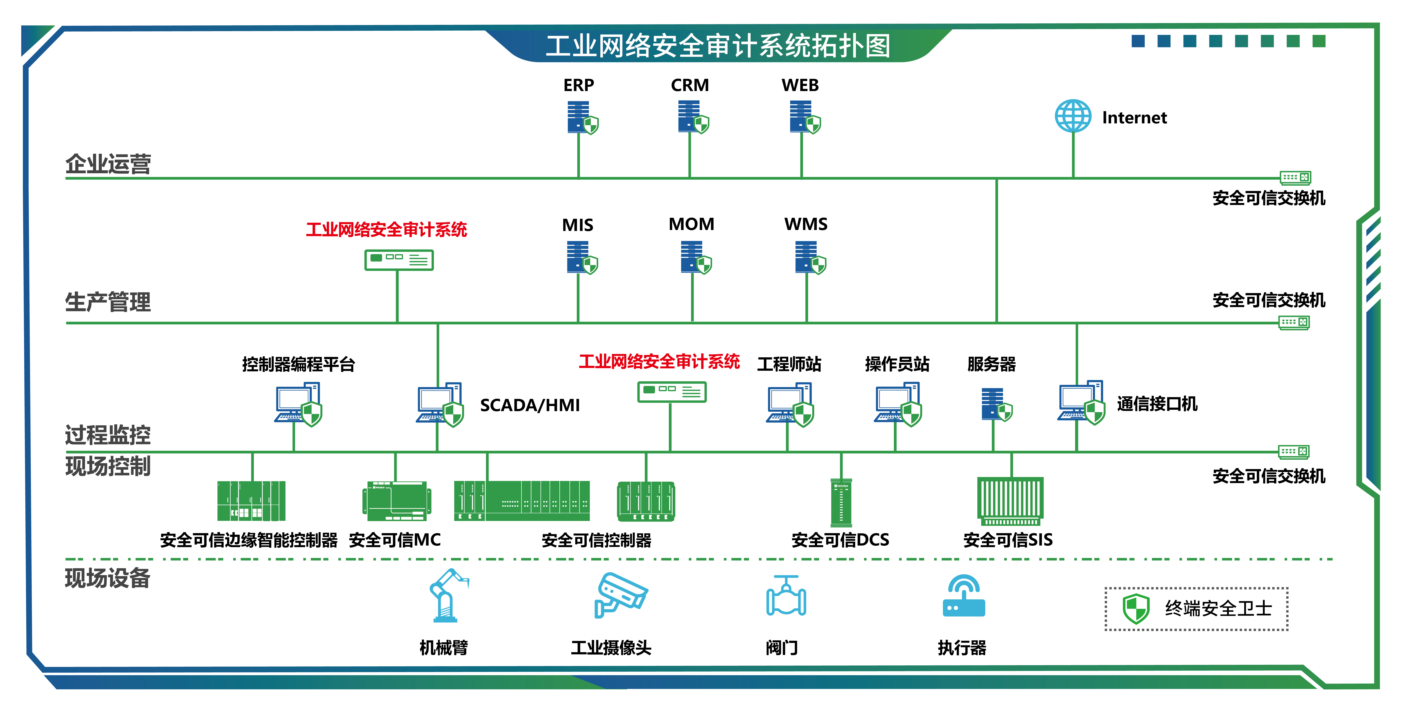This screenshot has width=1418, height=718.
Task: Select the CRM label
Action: click(x=690, y=85)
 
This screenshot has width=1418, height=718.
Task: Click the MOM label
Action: click(x=691, y=224)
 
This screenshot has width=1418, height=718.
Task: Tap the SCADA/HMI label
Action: click(x=529, y=405)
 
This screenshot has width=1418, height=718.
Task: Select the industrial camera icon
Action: click(x=620, y=595)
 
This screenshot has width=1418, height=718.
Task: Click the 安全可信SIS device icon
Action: click(x=1010, y=501)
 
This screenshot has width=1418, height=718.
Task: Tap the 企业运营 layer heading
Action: click(x=108, y=164)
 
